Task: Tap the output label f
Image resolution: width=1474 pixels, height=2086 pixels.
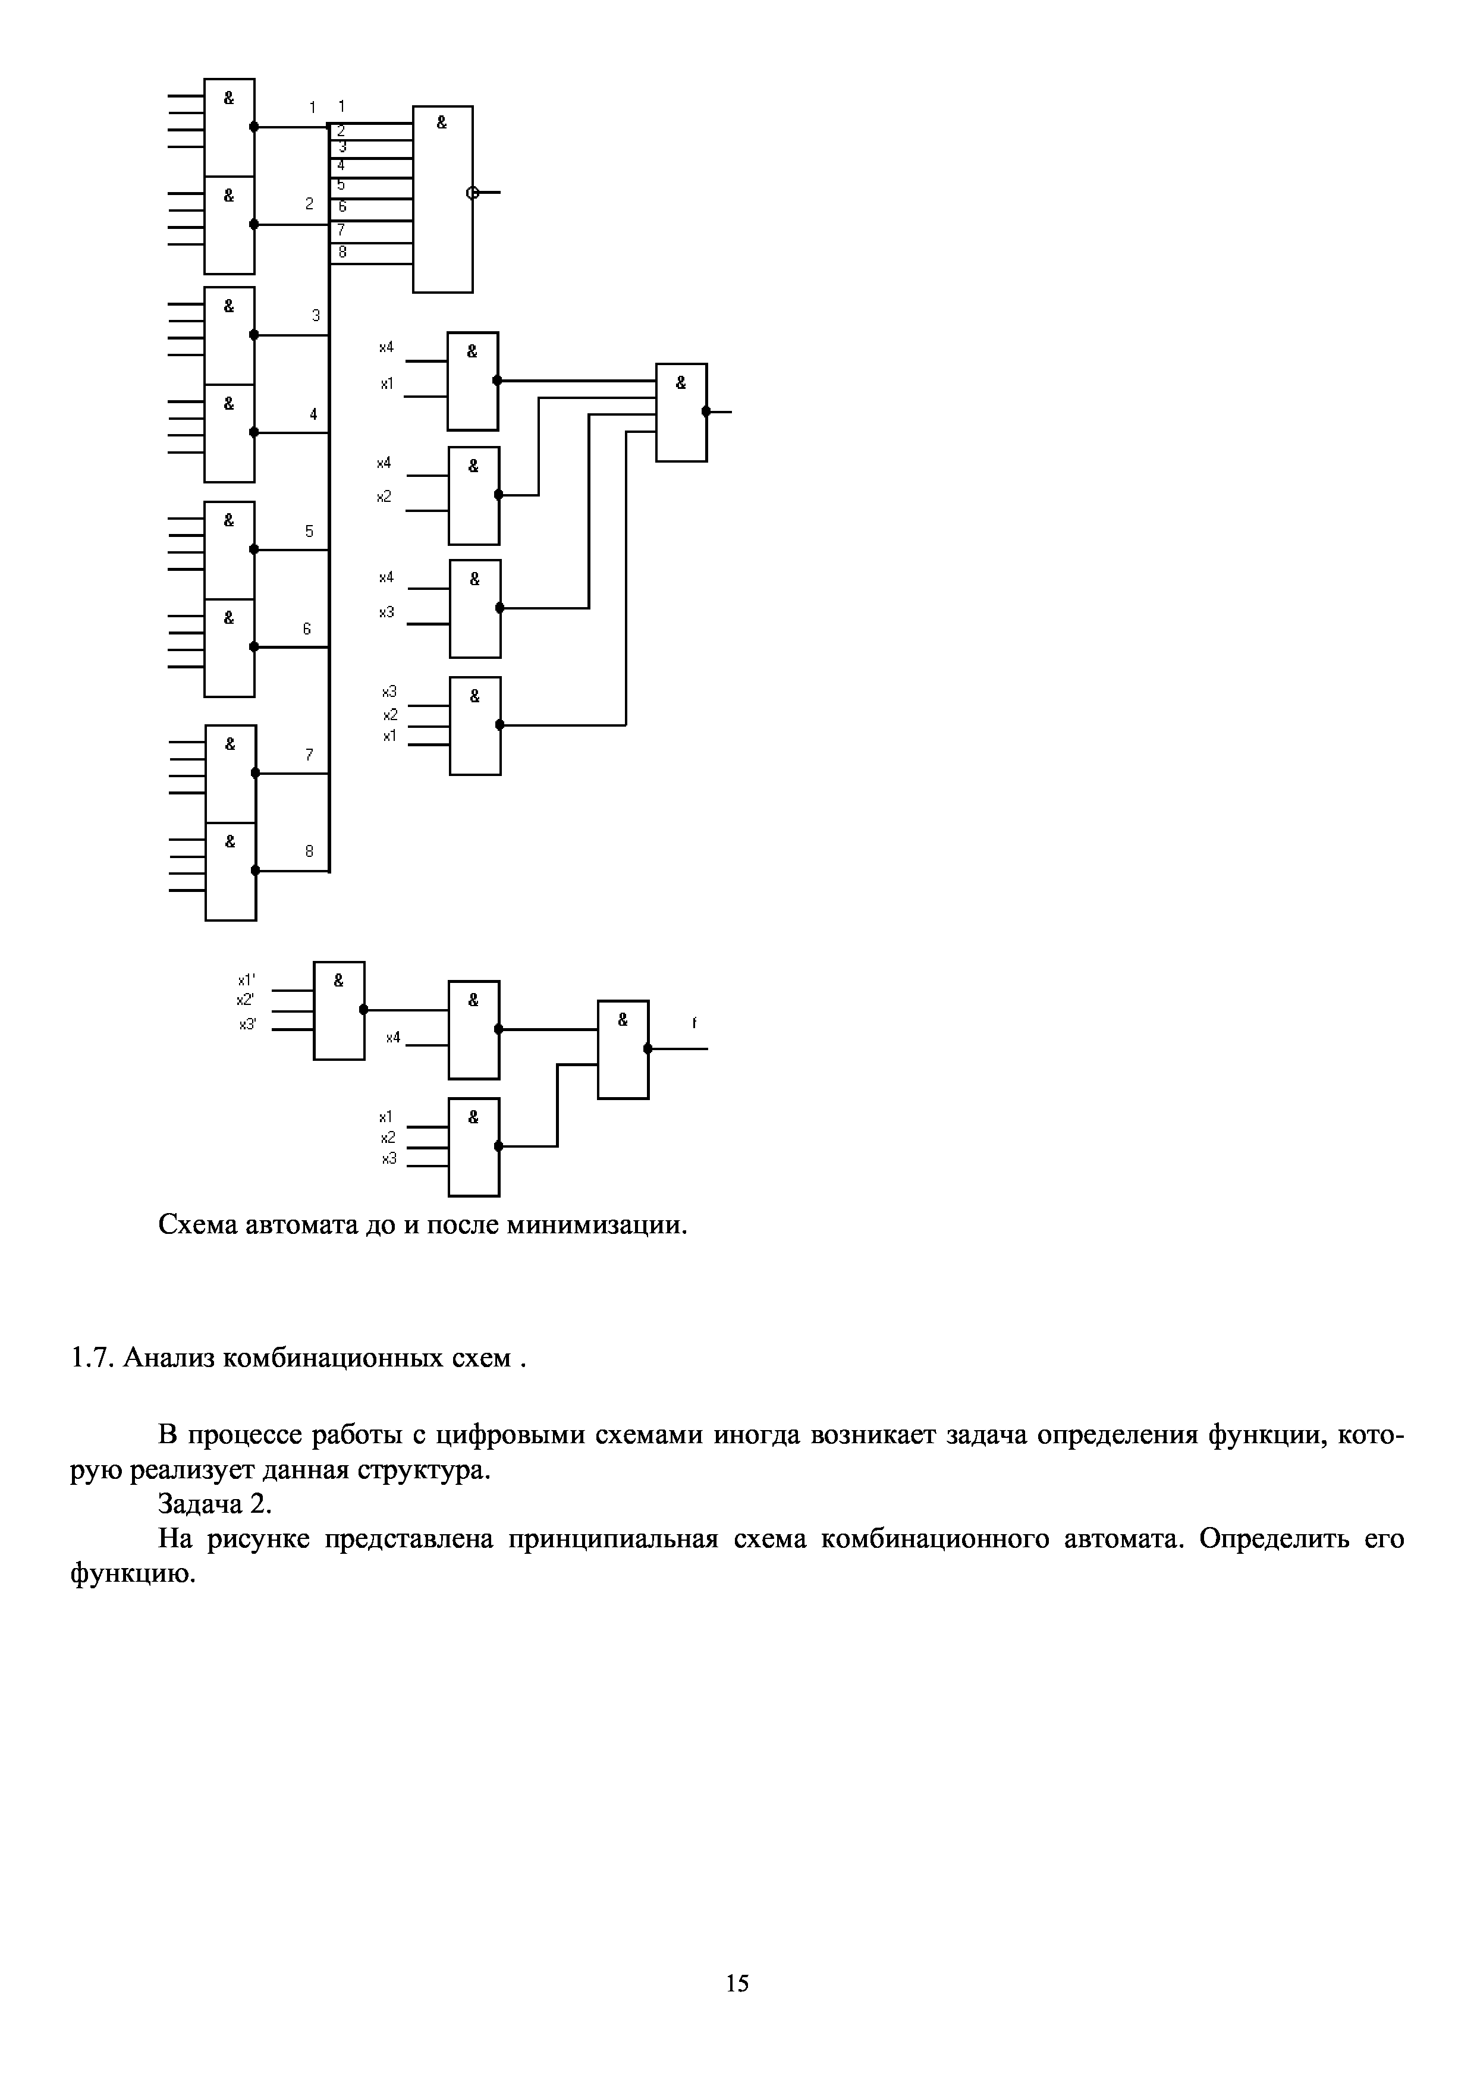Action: (x=694, y=1023)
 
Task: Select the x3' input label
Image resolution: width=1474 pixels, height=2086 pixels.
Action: (x=247, y=1024)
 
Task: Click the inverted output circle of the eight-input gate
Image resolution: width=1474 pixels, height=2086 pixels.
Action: (x=472, y=193)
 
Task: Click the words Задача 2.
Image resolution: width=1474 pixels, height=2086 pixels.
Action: (x=215, y=1504)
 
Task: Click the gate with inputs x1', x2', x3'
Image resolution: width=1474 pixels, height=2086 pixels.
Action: (x=339, y=1010)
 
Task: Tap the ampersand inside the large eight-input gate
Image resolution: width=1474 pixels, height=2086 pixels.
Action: (x=441, y=122)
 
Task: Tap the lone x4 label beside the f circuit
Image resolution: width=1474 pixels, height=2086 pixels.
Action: (x=392, y=1038)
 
